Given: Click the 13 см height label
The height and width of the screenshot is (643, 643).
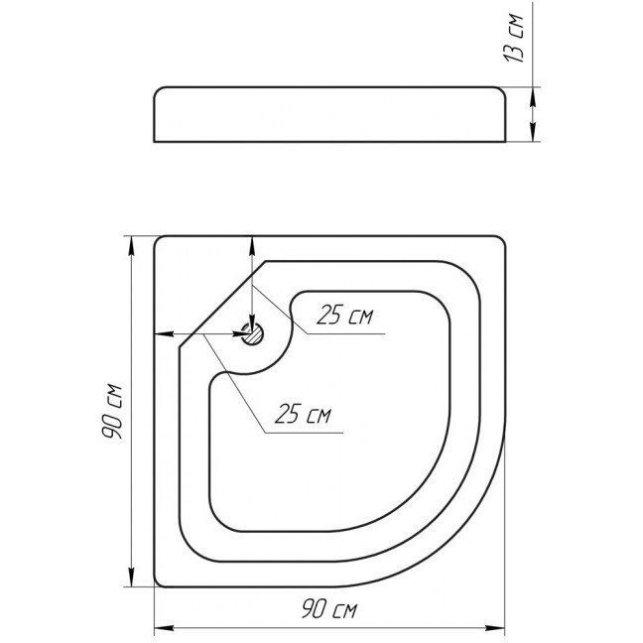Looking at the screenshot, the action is click(x=514, y=38).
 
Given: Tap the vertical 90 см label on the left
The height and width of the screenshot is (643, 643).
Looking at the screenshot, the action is click(x=113, y=412).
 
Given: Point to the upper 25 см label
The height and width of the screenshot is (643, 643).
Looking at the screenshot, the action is click(x=345, y=315).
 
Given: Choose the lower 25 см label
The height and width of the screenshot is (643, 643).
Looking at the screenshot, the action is click(x=303, y=414).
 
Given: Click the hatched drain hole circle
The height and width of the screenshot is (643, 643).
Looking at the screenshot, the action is click(x=252, y=333).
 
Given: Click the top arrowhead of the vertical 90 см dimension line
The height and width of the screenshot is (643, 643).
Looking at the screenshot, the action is click(x=131, y=246).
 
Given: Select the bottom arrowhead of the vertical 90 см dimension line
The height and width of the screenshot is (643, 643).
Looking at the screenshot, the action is click(x=131, y=577).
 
